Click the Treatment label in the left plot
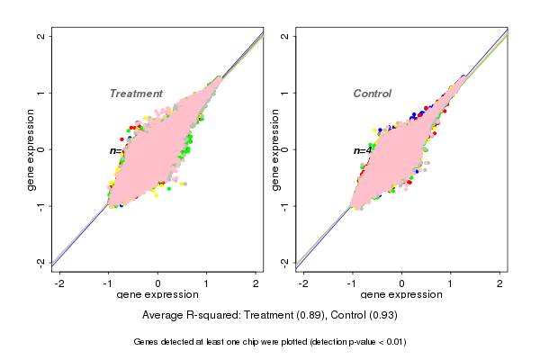(136, 94)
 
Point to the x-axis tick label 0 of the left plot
(157, 283)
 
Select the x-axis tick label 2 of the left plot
(256, 283)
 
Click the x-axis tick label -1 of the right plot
(354, 283)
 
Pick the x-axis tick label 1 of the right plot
(452, 283)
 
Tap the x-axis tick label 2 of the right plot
(500, 283)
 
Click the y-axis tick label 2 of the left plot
(41, 36)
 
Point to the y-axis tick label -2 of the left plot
(41, 262)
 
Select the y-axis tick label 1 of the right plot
(285, 93)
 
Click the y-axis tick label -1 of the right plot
(285, 205)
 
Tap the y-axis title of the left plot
(31, 149)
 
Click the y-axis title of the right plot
(275, 149)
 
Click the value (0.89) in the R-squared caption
(308, 316)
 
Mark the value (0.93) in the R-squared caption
(381, 316)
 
